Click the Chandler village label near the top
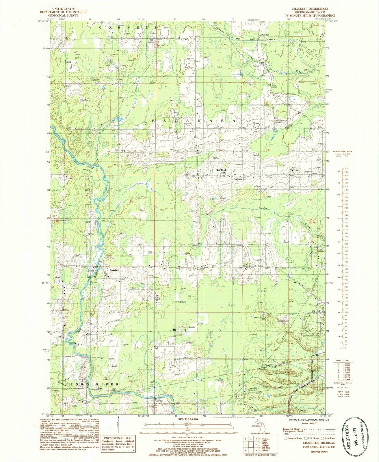(x=265, y=35)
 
